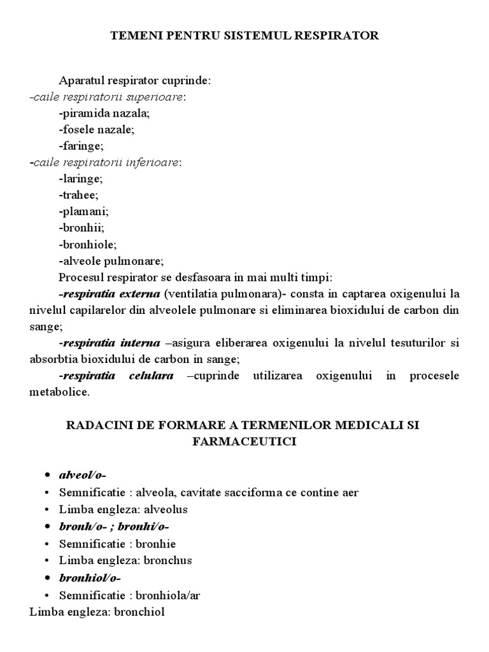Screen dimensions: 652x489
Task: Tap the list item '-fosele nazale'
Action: click(x=96, y=129)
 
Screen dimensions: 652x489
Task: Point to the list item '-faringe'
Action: click(x=81, y=146)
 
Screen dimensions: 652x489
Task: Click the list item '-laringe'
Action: click(x=80, y=179)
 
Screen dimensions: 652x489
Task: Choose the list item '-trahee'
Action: click(x=78, y=195)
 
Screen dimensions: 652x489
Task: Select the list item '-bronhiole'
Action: click(x=88, y=244)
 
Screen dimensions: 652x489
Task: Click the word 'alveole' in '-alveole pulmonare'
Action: click(x=80, y=260)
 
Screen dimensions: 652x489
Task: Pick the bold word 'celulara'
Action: click(x=152, y=376)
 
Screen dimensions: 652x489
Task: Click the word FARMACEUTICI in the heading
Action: click(x=244, y=441)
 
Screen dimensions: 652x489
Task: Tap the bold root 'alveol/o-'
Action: click(x=82, y=475)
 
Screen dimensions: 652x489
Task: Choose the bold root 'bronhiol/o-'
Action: click(x=90, y=578)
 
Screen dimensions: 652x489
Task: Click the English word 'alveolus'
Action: click(x=166, y=509)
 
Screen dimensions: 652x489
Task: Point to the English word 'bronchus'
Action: click(x=167, y=560)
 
